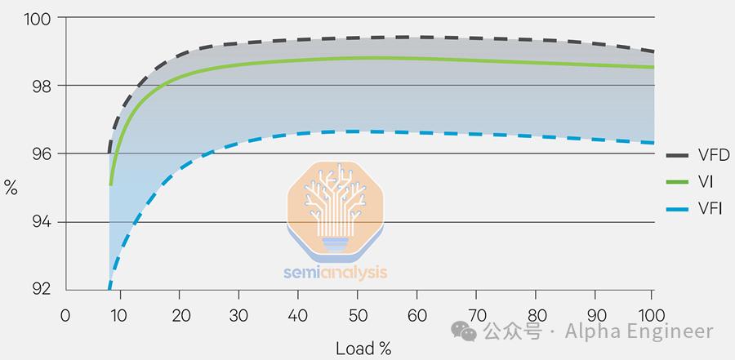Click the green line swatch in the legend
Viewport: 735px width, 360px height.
pos(679,183)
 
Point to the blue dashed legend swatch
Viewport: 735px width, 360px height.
pos(679,210)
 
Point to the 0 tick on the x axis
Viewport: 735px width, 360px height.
pos(66,315)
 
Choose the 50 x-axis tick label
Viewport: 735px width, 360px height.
pos(358,315)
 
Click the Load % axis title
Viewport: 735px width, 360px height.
pos(363,349)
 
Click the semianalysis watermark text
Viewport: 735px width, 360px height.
pos(336,273)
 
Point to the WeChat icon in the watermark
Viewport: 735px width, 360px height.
pos(465,331)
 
